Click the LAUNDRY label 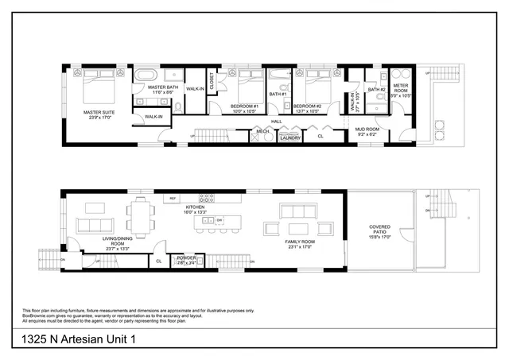(289, 137)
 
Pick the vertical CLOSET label (212, 81)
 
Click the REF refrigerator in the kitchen (172, 198)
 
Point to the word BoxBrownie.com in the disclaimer (39, 315)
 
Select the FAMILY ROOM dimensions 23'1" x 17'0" (302, 246)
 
